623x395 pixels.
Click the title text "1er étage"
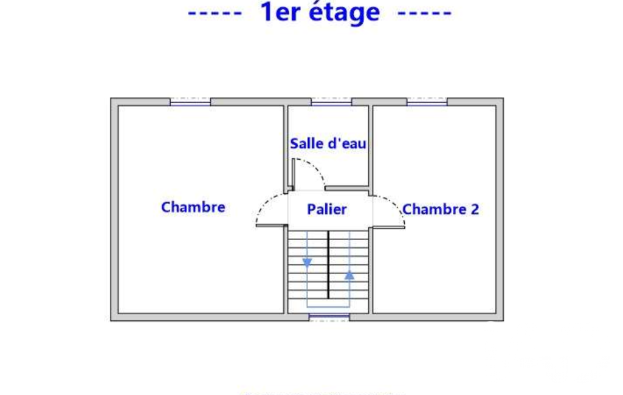[x=320, y=12]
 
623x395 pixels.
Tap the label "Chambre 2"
[x=440, y=209]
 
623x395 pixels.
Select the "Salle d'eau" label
[x=328, y=143]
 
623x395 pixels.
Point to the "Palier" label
[x=326, y=210]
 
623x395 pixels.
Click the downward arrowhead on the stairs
[x=307, y=263]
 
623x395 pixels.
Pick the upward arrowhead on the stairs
[x=349, y=275]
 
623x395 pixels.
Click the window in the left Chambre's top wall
[x=190, y=102]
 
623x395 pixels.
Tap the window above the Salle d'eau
[x=331, y=102]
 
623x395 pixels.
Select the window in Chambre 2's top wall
[x=427, y=102]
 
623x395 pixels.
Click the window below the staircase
[x=329, y=317]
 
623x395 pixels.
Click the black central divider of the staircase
[x=328, y=265]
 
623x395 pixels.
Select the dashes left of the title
[x=215, y=13]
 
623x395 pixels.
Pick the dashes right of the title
[x=425, y=13]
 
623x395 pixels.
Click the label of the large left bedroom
[x=193, y=207]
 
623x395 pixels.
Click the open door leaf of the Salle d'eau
[x=293, y=174]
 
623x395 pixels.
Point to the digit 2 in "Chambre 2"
[x=475, y=209]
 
